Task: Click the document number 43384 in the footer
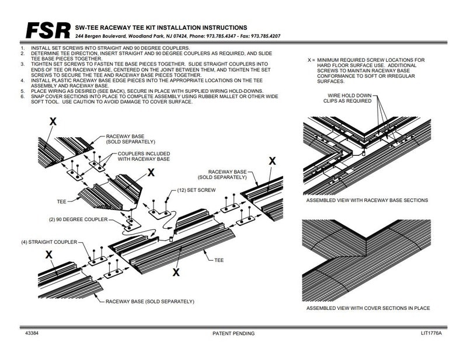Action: tap(33, 333)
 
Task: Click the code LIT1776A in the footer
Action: tap(431, 333)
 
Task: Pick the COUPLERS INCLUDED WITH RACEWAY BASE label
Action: tap(136, 156)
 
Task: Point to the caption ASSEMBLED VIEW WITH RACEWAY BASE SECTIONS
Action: tap(366, 200)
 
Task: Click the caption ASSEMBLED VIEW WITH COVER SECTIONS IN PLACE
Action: tap(368, 307)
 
